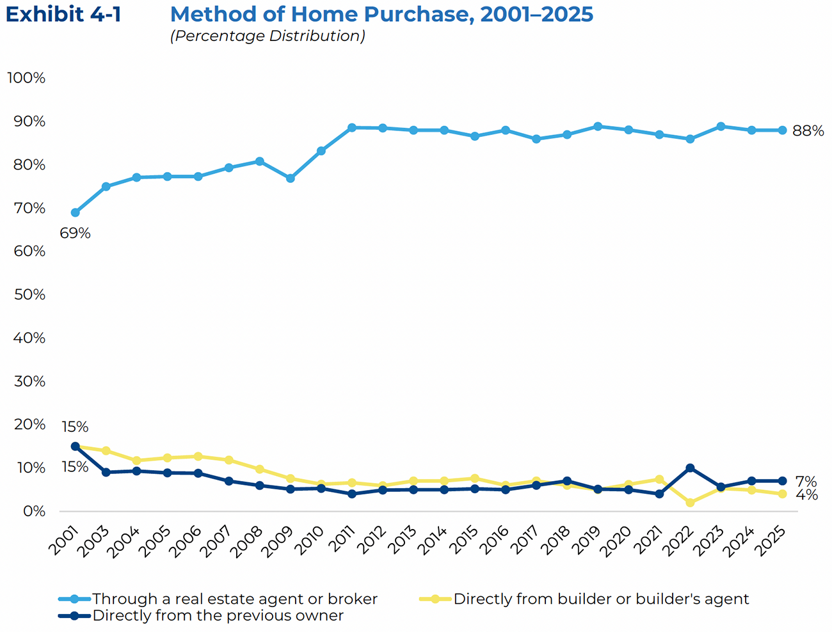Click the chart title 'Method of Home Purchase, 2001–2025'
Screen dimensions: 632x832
(x=381, y=14)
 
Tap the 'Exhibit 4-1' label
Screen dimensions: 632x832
(x=63, y=14)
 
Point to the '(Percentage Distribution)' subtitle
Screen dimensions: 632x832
(x=268, y=36)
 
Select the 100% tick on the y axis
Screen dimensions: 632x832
(x=26, y=78)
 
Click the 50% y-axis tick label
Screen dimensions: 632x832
(x=29, y=295)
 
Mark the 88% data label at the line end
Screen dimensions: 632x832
(x=808, y=131)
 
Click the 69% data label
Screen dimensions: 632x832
(x=75, y=233)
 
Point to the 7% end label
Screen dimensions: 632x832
(x=806, y=482)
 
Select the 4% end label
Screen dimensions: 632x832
(x=806, y=495)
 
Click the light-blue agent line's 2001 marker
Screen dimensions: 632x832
(x=76, y=212)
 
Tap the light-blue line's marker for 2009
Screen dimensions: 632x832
(x=291, y=178)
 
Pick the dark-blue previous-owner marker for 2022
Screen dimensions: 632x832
(x=690, y=468)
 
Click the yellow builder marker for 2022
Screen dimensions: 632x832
(x=690, y=503)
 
